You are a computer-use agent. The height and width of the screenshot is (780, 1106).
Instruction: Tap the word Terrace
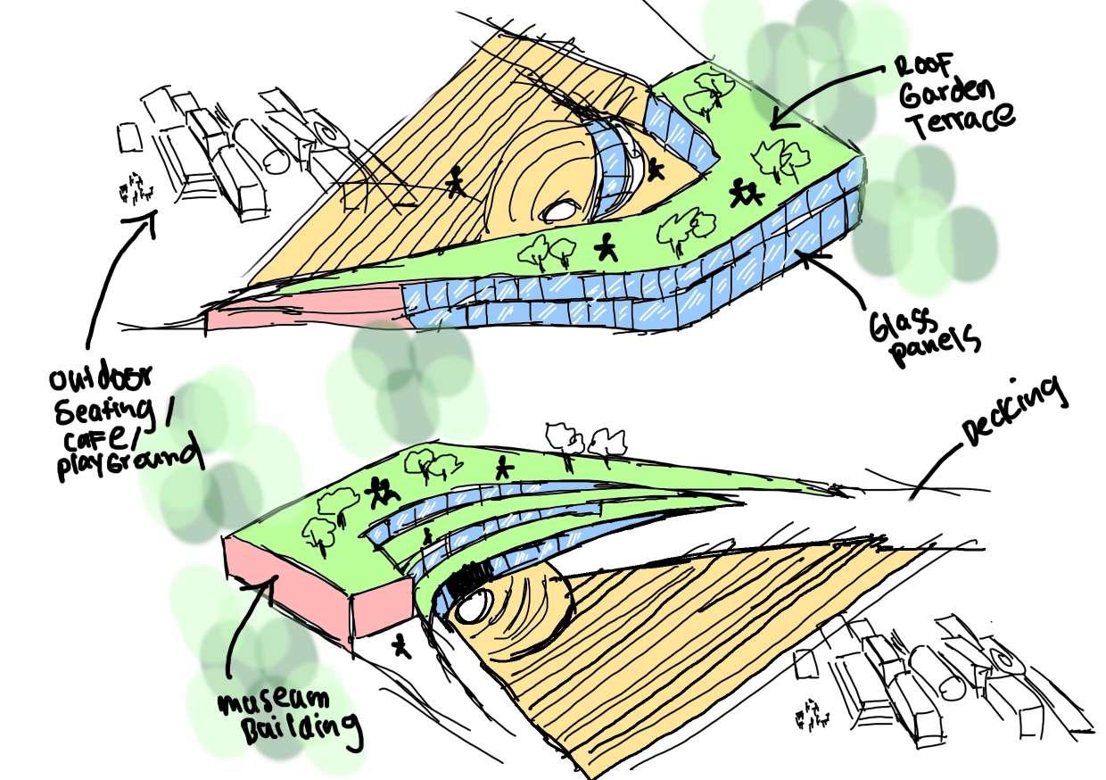point(962,119)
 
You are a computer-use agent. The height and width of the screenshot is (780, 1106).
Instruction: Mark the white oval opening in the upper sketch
point(560,211)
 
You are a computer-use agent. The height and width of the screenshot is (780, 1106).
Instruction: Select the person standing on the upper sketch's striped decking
point(456,181)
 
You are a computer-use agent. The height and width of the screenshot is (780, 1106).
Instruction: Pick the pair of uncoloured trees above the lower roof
point(586,440)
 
